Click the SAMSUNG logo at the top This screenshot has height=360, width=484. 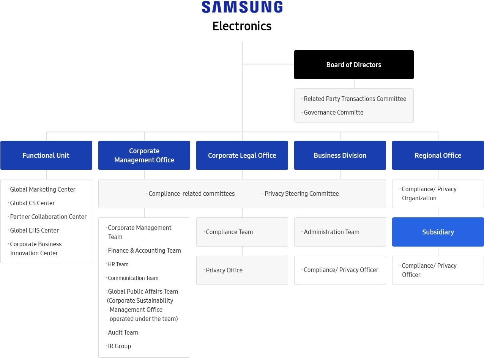tap(242, 7)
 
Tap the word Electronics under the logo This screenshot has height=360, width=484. tap(242, 26)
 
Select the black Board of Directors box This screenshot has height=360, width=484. tap(354, 64)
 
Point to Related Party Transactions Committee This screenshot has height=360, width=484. tap(355, 99)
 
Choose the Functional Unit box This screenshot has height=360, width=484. tap(46, 155)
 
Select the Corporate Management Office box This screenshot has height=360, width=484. tap(144, 155)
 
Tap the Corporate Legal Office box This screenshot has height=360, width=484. tap(242, 155)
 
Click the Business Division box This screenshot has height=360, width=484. tap(340, 155)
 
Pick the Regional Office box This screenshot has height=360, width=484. tap(438, 155)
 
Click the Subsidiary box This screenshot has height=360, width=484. tap(438, 232)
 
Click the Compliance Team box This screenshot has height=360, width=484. tap(242, 232)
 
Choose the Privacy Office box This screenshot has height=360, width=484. tap(242, 270)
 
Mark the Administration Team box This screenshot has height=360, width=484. tap(340, 232)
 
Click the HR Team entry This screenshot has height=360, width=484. tap(118, 264)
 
